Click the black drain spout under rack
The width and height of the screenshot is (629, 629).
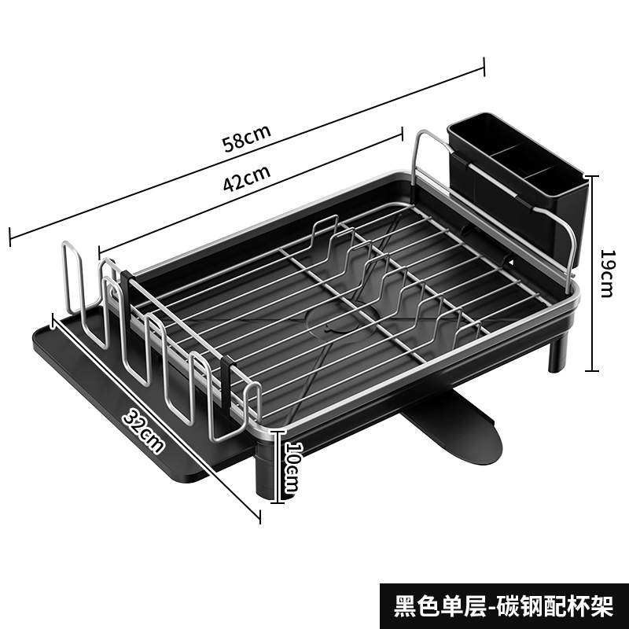[456, 429]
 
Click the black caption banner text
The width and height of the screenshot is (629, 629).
[502, 605]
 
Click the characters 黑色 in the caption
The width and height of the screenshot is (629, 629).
[414, 605]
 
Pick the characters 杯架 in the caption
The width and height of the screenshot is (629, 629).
[591, 605]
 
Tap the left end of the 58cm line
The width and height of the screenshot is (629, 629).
[9, 234]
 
